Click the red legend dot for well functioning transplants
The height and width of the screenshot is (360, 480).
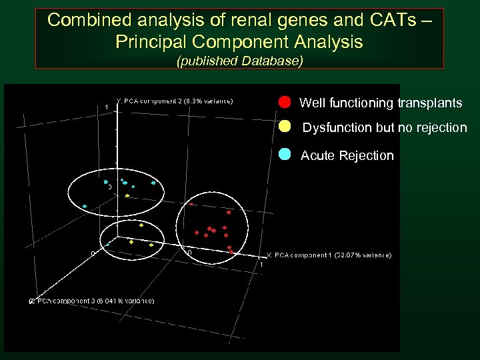285,102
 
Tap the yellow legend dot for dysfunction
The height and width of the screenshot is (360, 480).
285,126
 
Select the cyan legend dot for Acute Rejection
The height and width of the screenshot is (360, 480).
285,154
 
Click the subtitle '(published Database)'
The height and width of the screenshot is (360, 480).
239,61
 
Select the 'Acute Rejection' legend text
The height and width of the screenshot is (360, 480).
347,155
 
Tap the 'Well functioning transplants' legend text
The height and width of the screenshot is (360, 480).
381,103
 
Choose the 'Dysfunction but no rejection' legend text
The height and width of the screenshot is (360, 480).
385,127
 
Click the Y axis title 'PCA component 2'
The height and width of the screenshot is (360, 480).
175,101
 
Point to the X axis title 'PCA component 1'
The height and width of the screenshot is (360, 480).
329,255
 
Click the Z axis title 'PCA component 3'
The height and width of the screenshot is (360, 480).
91,301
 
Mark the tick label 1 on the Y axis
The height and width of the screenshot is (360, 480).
106,107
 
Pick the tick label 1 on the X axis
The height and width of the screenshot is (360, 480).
261,265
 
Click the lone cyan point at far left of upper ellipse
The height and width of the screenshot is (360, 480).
85,207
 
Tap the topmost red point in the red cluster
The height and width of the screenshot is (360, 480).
191,204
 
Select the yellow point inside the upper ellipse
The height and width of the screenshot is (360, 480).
127,195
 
